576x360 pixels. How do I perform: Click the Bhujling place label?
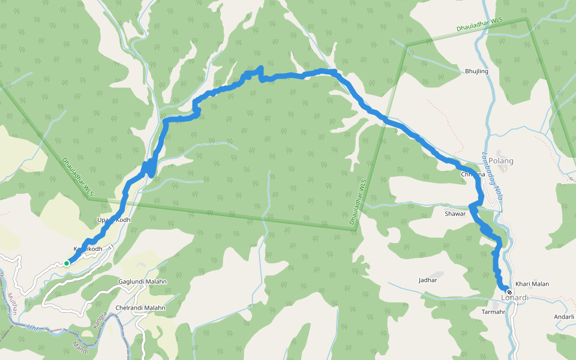tap(476, 71)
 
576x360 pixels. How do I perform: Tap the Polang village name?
tap(501, 161)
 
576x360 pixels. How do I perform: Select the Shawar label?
tap(455, 214)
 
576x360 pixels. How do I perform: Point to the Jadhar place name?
tap(428, 280)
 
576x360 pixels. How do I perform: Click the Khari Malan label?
tap(532, 284)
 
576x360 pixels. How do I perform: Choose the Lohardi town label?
tap(515, 298)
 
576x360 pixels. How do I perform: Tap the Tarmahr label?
tap(494, 312)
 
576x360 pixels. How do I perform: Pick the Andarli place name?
tap(565, 317)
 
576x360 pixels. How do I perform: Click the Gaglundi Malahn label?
tap(142, 281)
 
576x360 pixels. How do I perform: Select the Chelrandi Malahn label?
tap(140, 308)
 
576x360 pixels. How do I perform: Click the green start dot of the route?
tap(67, 263)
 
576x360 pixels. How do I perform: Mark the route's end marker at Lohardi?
tap(509, 292)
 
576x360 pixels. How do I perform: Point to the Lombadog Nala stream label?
tap(492, 176)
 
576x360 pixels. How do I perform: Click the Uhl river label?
tap(32, 328)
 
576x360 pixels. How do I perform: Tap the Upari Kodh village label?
tap(113, 220)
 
